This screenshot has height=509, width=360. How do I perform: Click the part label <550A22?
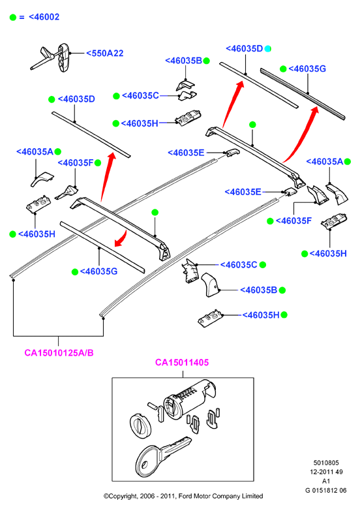click(x=105, y=54)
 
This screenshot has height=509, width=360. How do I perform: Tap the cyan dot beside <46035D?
click(x=267, y=49)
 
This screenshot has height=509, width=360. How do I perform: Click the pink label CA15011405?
click(x=182, y=362)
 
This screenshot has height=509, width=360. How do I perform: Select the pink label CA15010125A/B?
click(x=59, y=352)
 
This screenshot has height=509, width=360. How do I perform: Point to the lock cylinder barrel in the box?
click(x=188, y=397)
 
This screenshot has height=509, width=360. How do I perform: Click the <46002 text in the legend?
click(x=44, y=17)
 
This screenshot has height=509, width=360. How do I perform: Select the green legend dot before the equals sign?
click(x=13, y=17)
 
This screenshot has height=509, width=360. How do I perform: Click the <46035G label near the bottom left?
click(x=98, y=271)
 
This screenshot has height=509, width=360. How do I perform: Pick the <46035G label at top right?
click(x=307, y=69)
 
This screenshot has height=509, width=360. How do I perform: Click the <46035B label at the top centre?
click(x=183, y=61)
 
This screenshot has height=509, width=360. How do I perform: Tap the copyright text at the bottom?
click(x=183, y=496)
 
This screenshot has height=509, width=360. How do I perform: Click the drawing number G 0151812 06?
click(x=325, y=491)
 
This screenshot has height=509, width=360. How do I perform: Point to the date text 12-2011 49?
click(x=326, y=472)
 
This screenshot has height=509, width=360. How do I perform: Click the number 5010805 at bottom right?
click(x=326, y=463)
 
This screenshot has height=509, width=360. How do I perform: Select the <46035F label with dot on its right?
click(x=76, y=162)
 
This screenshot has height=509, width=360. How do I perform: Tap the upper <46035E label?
click(x=186, y=153)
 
